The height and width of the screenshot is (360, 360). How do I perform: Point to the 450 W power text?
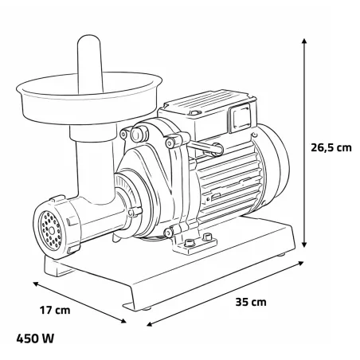[36, 337]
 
